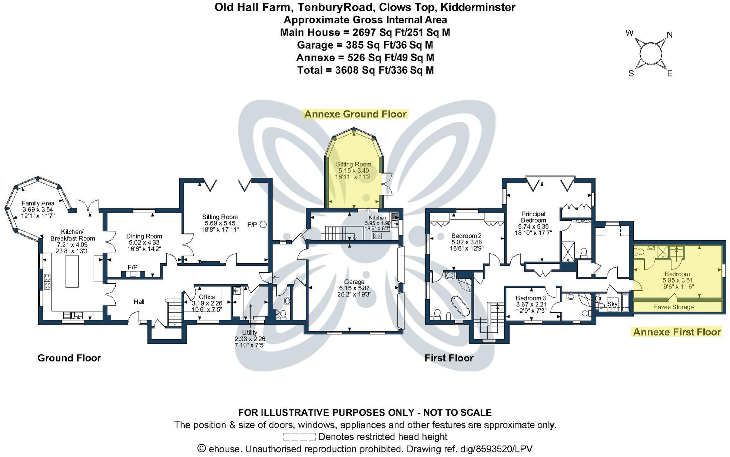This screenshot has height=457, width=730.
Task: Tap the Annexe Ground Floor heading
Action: (x=355, y=114)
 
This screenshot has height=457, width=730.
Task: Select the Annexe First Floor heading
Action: (x=677, y=332)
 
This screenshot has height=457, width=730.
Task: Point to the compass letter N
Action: (x=670, y=35)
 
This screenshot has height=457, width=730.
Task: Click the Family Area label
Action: (x=38, y=203)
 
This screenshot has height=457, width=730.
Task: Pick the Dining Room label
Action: (x=144, y=236)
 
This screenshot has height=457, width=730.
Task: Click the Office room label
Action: (x=207, y=297)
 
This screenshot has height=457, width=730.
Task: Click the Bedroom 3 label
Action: (x=531, y=298)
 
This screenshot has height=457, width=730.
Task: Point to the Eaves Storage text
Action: (x=673, y=307)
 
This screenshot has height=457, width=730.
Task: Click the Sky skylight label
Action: (x=612, y=304)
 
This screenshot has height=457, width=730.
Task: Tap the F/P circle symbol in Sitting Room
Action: (x=263, y=224)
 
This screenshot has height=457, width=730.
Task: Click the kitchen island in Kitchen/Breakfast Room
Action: (x=72, y=271)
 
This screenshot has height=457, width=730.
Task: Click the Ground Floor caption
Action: (x=69, y=358)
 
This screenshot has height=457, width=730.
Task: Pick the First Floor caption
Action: (x=449, y=358)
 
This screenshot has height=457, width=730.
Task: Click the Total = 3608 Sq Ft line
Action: (x=365, y=70)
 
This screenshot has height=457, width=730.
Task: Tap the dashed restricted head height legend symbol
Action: (x=299, y=437)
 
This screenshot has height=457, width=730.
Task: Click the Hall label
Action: (x=139, y=302)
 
